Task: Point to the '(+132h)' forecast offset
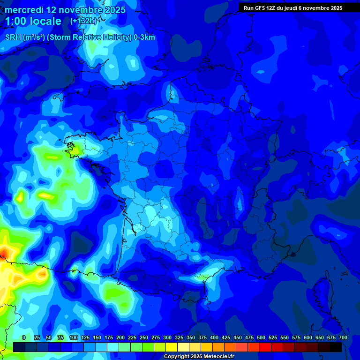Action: [84, 21]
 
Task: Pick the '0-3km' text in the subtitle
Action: [144, 37]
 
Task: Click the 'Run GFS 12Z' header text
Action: [262, 8]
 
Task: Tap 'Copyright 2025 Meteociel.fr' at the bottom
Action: [199, 357]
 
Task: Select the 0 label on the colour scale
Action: [24, 337]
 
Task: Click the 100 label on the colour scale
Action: [74, 337]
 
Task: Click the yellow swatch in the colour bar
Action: [171, 347]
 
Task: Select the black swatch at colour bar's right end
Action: [335, 347]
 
